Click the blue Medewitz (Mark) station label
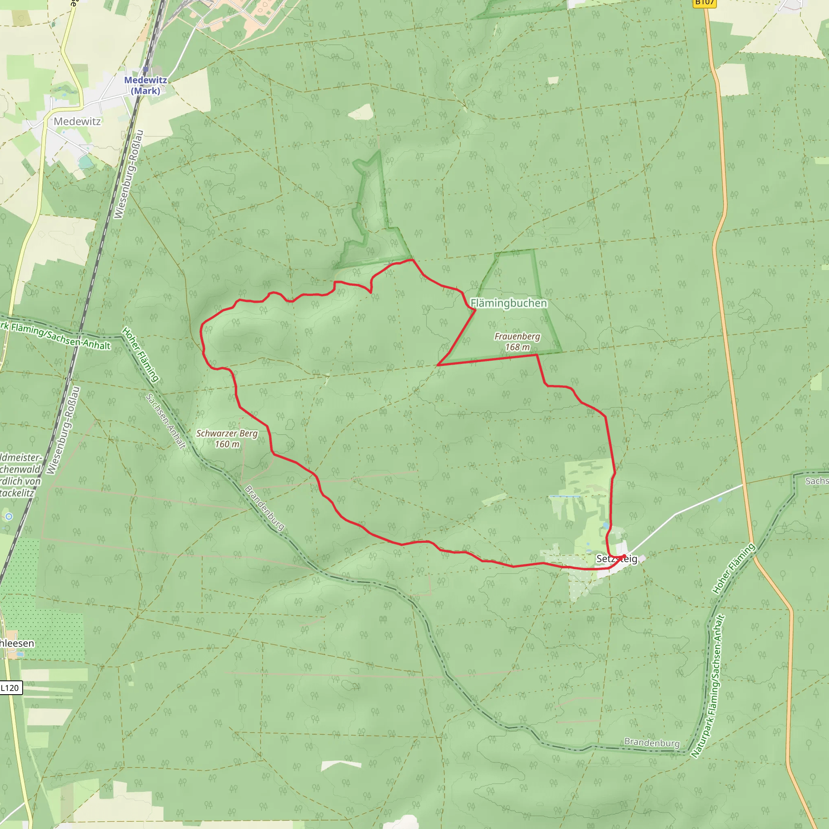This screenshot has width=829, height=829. pyautogui.click(x=145, y=85)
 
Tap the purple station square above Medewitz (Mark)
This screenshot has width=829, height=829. pyautogui.click(x=146, y=69)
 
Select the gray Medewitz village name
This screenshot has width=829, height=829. pyautogui.click(x=77, y=121)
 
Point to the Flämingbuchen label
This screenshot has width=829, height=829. pyautogui.click(x=509, y=303)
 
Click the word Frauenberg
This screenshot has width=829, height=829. pyautogui.click(x=517, y=336)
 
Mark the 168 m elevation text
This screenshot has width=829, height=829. pyautogui.click(x=517, y=347)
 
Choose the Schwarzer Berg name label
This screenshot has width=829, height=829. pyautogui.click(x=227, y=434)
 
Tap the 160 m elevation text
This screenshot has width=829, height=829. pyautogui.click(x=227, y=444)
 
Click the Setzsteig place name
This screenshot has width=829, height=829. pyautogui.click(x=616, y=559)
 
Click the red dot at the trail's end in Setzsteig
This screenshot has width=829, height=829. pyautogui.click(x=624, y=557)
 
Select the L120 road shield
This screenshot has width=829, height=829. pyautogui.click(x=10, y=688)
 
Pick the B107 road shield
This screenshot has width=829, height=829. pyautogui.click(x=705, y=2)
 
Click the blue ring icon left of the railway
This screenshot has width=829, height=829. pyautogui.click(x=9, y=516)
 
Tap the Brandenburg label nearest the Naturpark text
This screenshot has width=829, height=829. pyautogui.click(x=652, y=742)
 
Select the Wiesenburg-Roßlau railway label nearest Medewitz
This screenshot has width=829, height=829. pyautogui.click(x=128, y=174)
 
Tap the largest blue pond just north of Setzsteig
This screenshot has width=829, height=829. pyautogui.click(x=606, y=525)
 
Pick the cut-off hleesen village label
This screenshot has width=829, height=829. pyautogui.click(x=17, y=643)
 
